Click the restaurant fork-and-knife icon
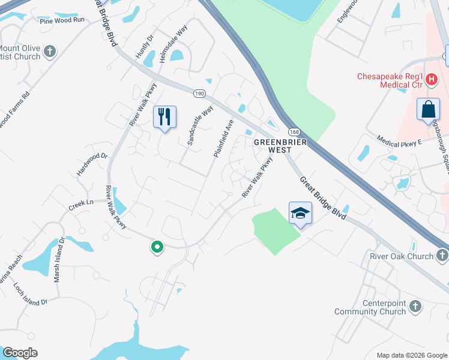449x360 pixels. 164,116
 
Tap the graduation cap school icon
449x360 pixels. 300,213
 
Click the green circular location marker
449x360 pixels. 157,247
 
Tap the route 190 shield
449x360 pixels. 200,94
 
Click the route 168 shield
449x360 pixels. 294,131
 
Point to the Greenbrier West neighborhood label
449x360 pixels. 280,145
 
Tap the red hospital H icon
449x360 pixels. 430,78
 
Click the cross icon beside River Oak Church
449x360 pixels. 442,256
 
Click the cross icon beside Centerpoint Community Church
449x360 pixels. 415,308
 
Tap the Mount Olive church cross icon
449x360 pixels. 50,52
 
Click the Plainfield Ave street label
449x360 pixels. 223,139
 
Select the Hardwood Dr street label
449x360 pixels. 91,164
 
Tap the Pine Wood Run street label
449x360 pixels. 62,20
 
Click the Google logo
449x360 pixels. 20,353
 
